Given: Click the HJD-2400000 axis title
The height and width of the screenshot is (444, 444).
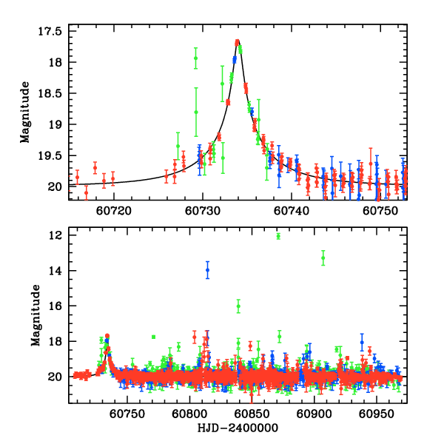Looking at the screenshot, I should [238, 428].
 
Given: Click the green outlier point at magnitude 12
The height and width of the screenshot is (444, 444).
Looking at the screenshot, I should [278, 236].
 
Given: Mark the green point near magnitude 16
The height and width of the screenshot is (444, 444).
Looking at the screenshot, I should [238, 306].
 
